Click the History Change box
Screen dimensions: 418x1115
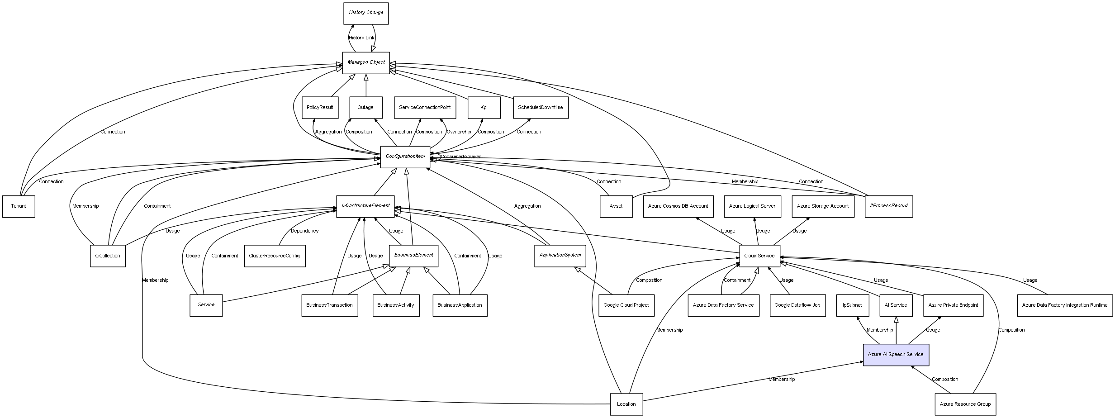coord(365,13)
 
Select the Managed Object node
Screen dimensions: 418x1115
coord(365,62)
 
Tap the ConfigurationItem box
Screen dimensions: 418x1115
coord(405,157)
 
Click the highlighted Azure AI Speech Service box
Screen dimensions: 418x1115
coord(896,355)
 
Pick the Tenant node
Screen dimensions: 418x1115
coord(19,206)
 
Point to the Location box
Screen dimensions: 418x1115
coord(626,404)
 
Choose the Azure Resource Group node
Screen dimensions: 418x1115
coord(965,404)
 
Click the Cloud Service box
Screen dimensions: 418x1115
coord(759,256)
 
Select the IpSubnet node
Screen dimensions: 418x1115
coord(852,305)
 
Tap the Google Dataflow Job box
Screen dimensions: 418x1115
coord(797,305)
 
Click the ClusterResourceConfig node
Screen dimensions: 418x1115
coord(275,256)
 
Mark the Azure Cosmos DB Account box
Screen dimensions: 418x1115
coord(678,206)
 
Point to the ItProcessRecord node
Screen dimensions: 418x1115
coord(888,206)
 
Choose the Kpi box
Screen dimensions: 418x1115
coord(484,108)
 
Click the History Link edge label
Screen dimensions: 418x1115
coord(361,38)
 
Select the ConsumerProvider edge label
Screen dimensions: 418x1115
coord(460,157)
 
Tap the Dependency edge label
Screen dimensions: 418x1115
coord(304,231)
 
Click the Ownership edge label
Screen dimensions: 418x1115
coord(459,132)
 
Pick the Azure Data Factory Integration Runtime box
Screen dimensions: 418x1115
coord(1064,305)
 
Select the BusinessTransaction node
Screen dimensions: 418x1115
coord(329,305)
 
